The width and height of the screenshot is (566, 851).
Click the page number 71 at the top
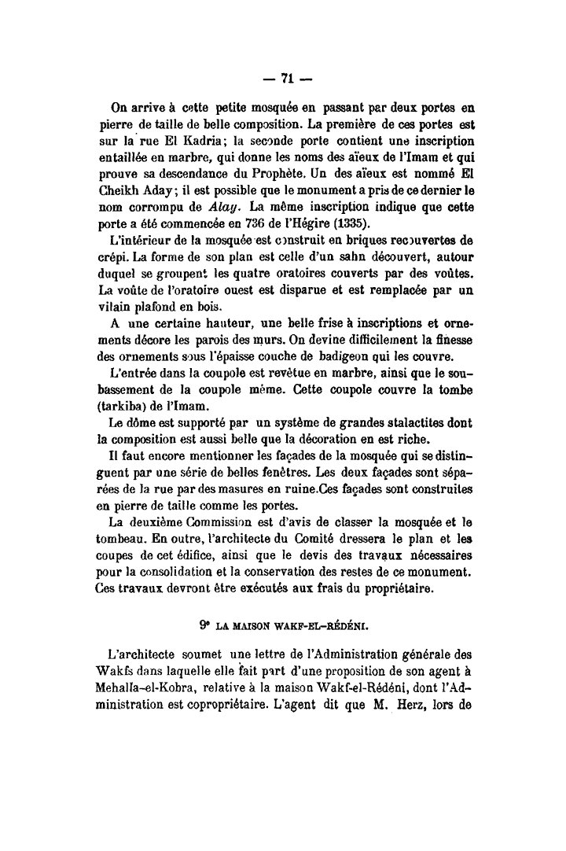point(287,79)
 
